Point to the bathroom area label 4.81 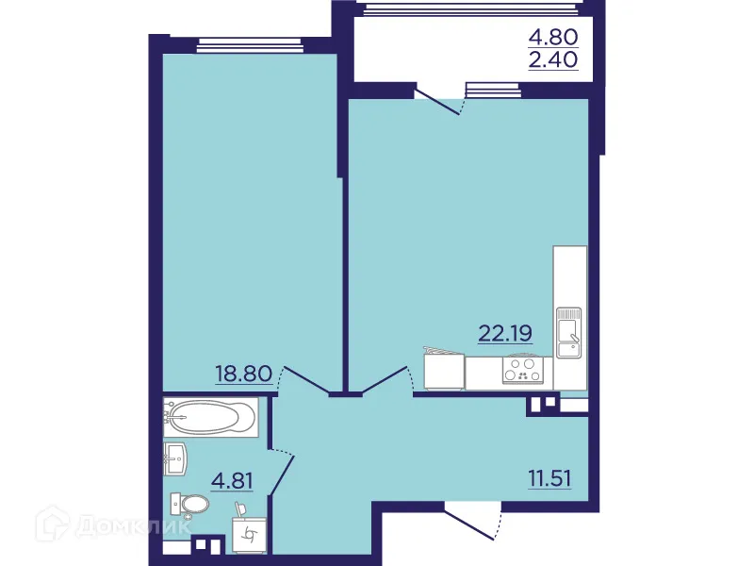[x=232, y=481]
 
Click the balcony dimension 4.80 [x=553, y=38]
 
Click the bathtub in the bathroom [x=209, y=415]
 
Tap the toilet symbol [x=188, y=506]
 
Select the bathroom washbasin [x=177, y=461]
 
